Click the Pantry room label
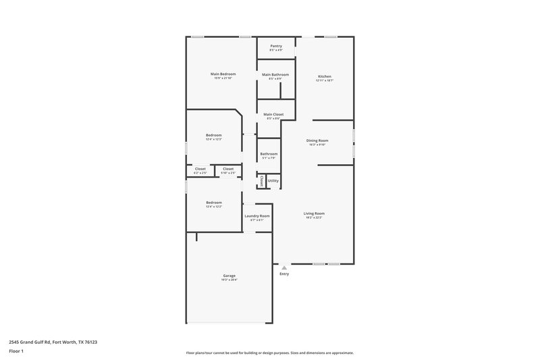tap(276, 46)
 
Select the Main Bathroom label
tap(275, 74)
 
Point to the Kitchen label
tap(325, 76)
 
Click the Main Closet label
tap(273, 114)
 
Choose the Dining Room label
tap(317, 140)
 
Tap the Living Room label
tap(315, 213)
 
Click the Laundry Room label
tap(256, 215)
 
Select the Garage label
tap(230, 276)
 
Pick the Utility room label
tap(273, 181)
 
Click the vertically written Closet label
tap(261, 181)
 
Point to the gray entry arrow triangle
tap(284, 267)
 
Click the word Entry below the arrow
tap(284, 274)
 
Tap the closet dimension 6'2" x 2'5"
tap(200, 173)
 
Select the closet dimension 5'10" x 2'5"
tap(228, 173)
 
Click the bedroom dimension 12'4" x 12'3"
tap(213, 139)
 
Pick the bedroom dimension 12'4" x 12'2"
tap(213, 207)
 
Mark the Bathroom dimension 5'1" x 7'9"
tap(269, 158)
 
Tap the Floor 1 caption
tap(16, 352)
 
